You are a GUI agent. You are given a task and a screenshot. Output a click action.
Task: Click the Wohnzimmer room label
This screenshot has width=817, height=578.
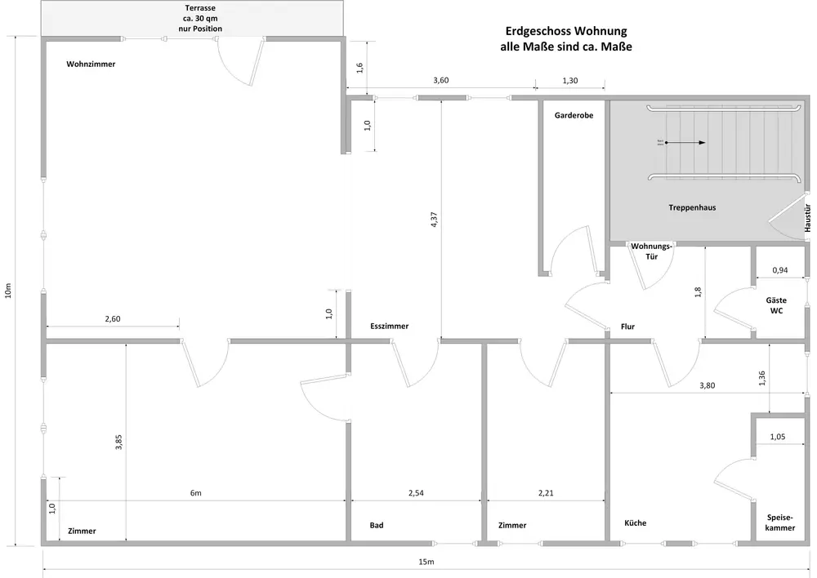(91, 64)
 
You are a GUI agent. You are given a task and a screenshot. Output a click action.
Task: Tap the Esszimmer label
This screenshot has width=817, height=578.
(389, 326)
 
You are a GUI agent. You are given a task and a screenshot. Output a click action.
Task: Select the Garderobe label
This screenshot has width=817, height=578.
(573, 116)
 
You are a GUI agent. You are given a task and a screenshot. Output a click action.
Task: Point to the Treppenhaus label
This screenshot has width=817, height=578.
(692, 207)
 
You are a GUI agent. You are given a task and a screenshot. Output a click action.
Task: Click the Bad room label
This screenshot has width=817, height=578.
(376, 525)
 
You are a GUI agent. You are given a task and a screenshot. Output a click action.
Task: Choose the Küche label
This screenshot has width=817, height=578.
(635, 522)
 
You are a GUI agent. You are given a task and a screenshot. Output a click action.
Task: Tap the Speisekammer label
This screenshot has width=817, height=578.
(780, 522)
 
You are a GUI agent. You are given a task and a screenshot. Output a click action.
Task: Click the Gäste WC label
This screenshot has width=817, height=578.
(775, 305)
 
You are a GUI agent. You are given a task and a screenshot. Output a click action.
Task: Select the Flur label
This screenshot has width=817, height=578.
(627, 327)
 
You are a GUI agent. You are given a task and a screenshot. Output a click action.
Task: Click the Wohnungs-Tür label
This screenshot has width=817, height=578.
(651, 251)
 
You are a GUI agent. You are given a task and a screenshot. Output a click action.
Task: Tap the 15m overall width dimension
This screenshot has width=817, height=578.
(426, 562)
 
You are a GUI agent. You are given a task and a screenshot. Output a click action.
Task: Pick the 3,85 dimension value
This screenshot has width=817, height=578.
(119, 442)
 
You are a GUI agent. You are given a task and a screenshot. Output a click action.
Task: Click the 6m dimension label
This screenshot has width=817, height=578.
(196, 493)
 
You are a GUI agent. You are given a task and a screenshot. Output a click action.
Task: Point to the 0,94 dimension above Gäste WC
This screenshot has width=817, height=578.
(779, 269)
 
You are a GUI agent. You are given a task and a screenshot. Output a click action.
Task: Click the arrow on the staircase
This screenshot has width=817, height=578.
(686, 143)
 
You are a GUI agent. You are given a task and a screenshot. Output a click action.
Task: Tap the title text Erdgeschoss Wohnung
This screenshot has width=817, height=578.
(565, 32)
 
